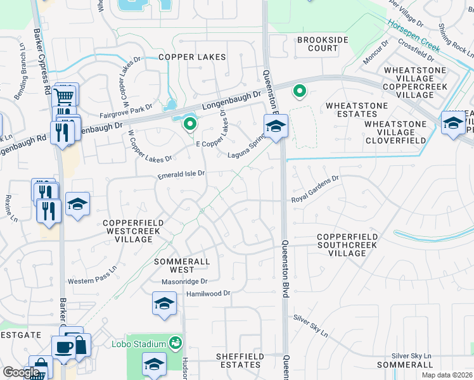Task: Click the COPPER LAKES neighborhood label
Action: point(192,57)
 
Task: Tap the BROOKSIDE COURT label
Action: point(323,44)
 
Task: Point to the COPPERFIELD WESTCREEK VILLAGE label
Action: point(133,232)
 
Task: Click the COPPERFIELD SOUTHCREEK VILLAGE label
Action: point(347,245)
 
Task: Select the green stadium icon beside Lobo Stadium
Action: point(176,343)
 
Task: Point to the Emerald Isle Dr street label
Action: point(181,174)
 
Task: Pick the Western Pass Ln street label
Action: point(93,281)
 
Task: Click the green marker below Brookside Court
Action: point(300,92)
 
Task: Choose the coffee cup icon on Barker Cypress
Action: point(64,347)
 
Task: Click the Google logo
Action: point(21,372)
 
